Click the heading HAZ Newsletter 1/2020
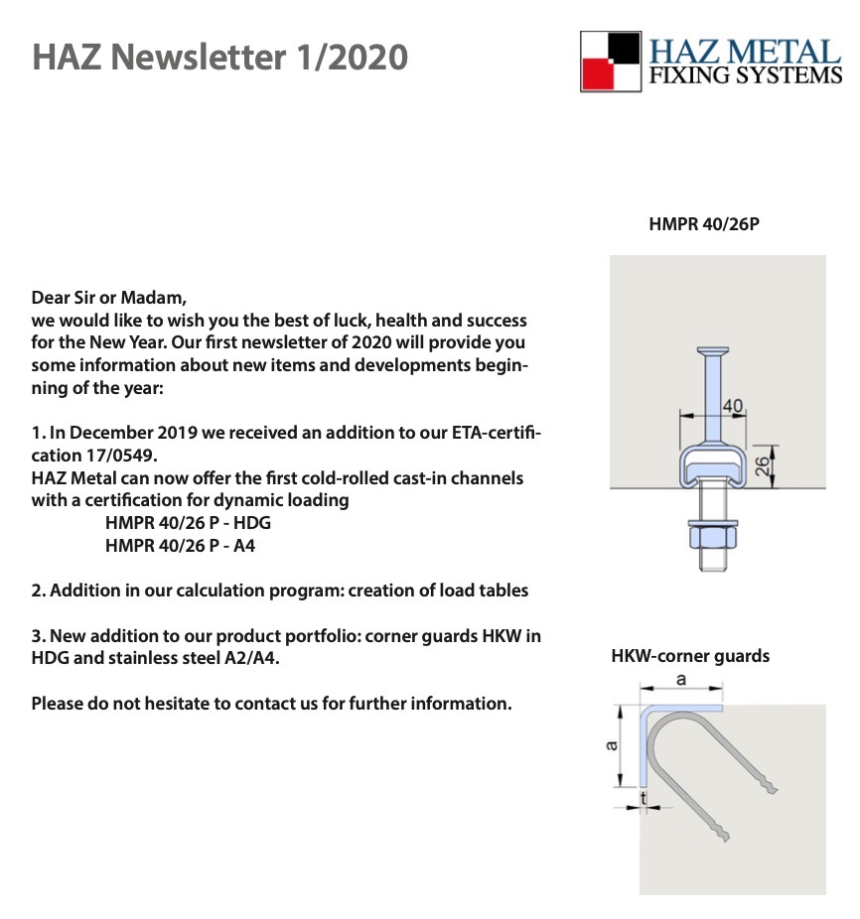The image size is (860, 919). (x=219, y=57)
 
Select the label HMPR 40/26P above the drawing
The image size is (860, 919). (x=703, y=224)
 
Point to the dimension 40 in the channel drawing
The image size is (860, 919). (x=733, y=406)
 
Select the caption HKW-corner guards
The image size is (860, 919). (x=690, y=656)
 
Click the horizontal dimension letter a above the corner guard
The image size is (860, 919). (x=680, y=680)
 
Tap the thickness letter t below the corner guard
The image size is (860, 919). (x=644, y=797)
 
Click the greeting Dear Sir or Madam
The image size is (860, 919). (x=109, y=297)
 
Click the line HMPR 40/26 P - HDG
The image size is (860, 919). (x=188, y=522)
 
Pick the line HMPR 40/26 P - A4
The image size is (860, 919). (x=181, y=545)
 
